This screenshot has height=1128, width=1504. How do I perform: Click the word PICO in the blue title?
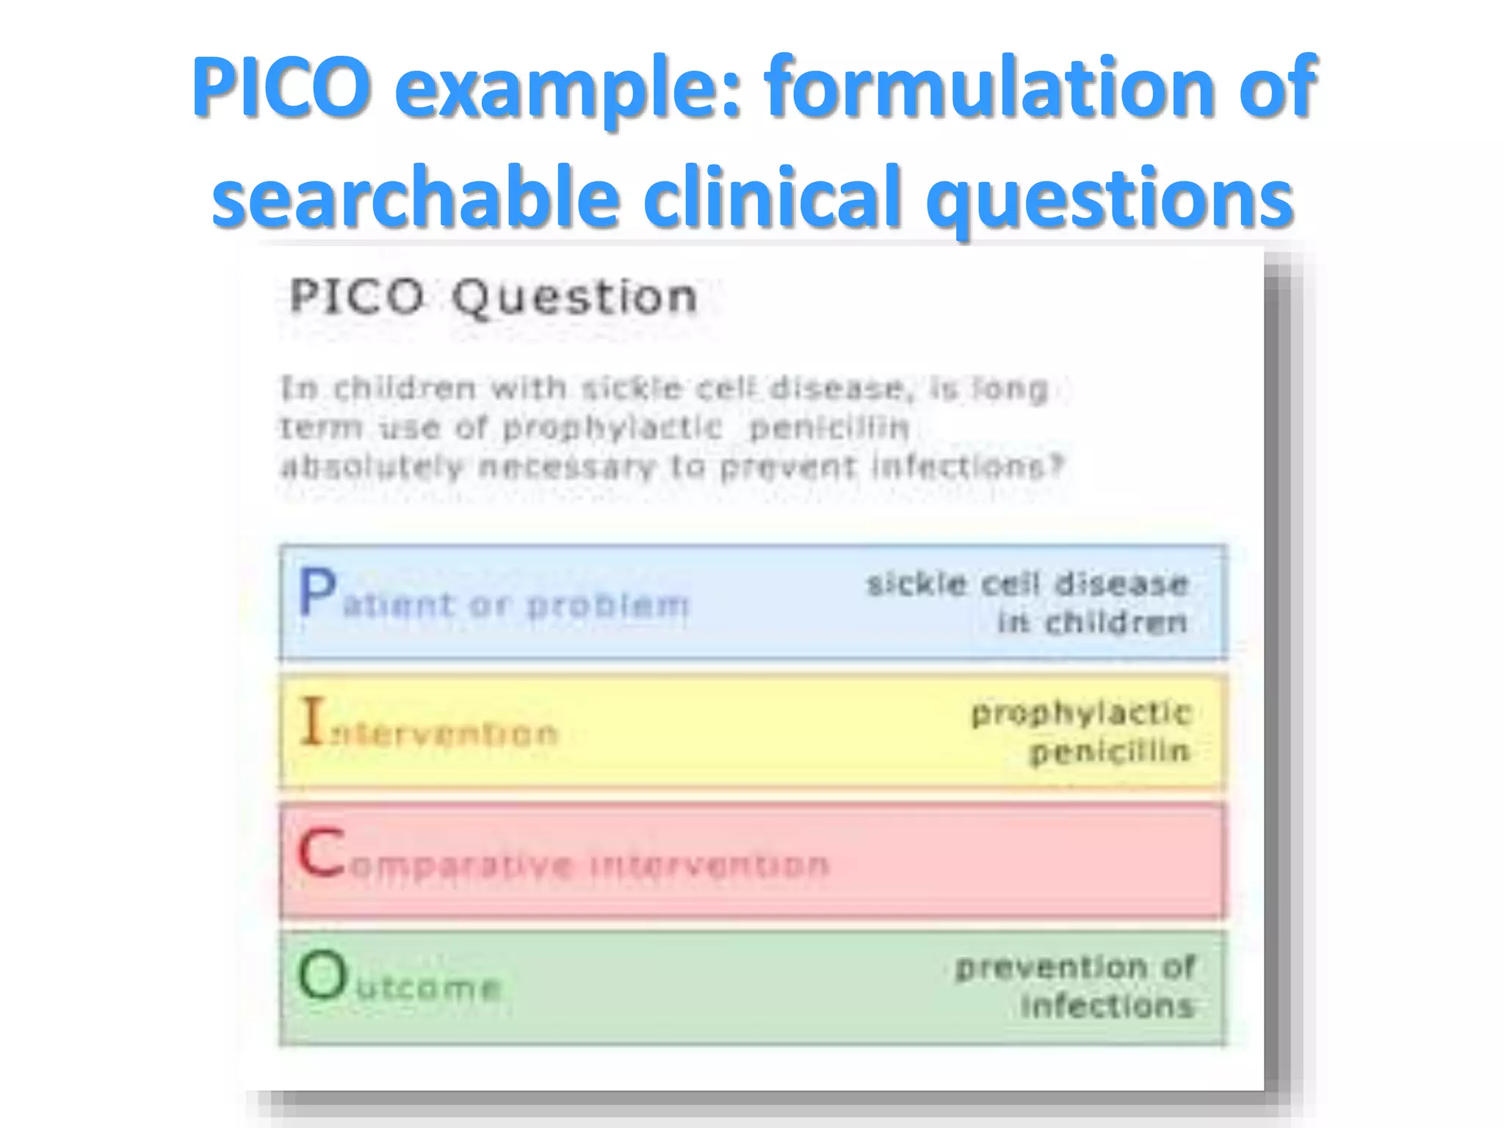pyautogui.click(x=280, y=88)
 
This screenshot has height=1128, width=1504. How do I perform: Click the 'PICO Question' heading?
pyautogui.click(x=493, y=297)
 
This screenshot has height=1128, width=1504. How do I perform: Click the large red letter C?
pyautogui.click(x=321, y=853)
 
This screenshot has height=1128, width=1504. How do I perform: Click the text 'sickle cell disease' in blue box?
pyautogui.click(x=1027, y=585)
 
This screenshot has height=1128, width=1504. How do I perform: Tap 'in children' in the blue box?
pyautogui.click(x=1092, y=623)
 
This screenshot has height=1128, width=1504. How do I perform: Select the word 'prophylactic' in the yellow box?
pyautogui.click(x=1080, y=713)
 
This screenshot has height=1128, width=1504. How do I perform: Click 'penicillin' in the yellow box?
pyautogui.click(x=1109, y=751)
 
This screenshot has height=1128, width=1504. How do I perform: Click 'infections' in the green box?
pyautogui.click(x=1107, y=1005)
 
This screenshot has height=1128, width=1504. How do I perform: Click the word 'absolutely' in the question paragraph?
pyautogui.click(x=372, y=466)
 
